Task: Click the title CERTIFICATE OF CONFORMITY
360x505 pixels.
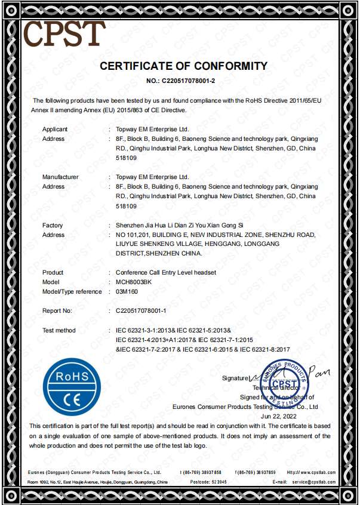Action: pos(183,66)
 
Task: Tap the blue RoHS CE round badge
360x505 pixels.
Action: pos(72,386)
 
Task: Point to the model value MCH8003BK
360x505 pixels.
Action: pos(134,281)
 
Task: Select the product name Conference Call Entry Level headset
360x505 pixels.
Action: pos(165,272)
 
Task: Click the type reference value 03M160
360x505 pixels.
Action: pos(126,291)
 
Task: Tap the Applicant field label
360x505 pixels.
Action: pos(55,129)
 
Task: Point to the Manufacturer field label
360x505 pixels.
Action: pos(60,177)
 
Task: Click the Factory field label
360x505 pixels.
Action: pos(53,225)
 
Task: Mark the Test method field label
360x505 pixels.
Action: pos(59,330)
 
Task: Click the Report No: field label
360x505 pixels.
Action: pos(57,311)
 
